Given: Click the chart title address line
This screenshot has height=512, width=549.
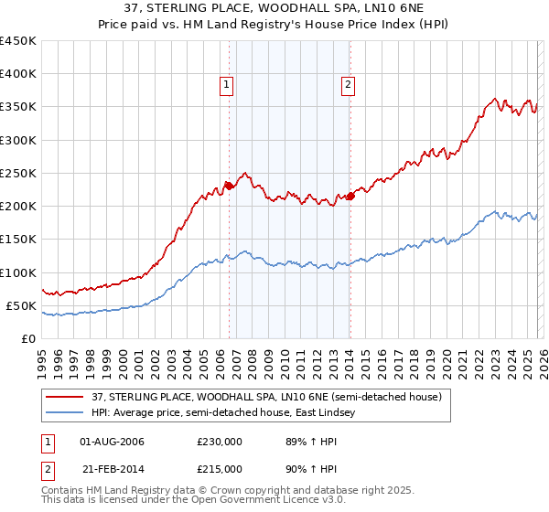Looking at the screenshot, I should (274, 8).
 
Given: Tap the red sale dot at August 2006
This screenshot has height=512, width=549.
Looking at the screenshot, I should (229, 187).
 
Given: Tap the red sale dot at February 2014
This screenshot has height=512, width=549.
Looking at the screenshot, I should (350, 196).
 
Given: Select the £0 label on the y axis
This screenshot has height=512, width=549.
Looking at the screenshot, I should (27, 338).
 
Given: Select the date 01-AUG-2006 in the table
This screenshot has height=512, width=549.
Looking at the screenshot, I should (113, 442).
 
